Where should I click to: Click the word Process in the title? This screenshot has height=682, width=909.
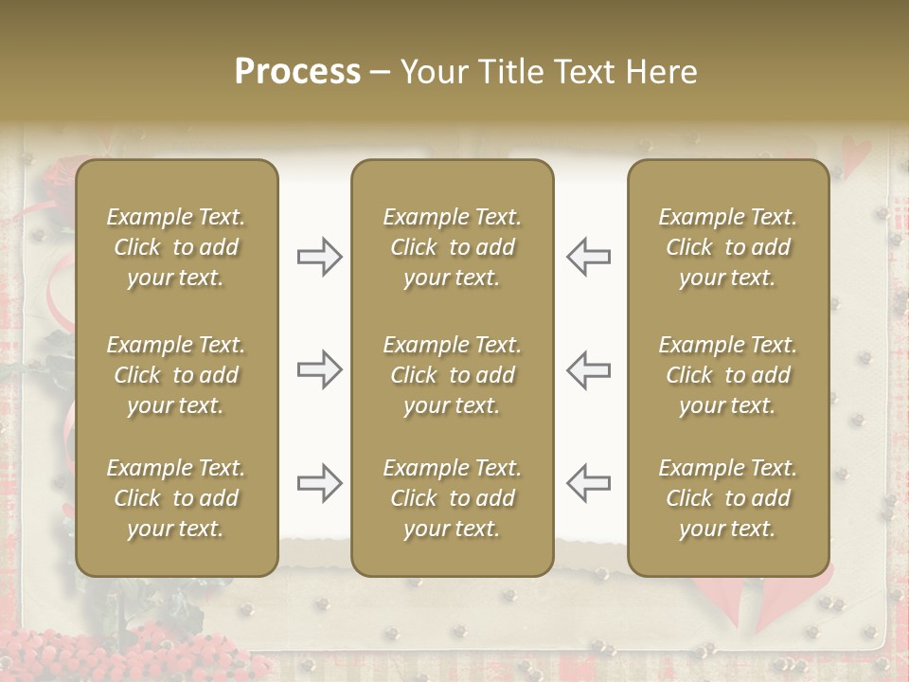point(297,71)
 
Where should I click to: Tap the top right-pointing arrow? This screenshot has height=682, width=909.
point(319,257)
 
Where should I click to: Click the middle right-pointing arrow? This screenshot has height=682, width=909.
point(319,369)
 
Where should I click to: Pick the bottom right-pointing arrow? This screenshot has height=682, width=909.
point(319,483)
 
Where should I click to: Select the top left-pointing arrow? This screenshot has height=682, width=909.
point(588,257)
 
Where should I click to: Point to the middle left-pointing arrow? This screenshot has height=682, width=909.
point(588,369)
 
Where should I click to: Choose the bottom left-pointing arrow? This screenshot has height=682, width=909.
point(588,483)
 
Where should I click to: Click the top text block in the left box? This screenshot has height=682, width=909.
point(176,247)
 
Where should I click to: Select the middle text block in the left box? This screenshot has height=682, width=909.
point(176,375)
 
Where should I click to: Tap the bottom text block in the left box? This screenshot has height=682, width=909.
point(176,498)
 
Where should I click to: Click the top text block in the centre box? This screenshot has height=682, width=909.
point(452,247)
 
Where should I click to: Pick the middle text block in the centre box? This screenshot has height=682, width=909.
point(452,375)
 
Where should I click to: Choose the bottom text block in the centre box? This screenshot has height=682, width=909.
point(452,498)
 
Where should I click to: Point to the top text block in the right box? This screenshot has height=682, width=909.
point(727,247)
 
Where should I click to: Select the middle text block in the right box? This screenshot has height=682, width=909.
point(727,375)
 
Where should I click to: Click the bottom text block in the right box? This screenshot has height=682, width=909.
point(727,498)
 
